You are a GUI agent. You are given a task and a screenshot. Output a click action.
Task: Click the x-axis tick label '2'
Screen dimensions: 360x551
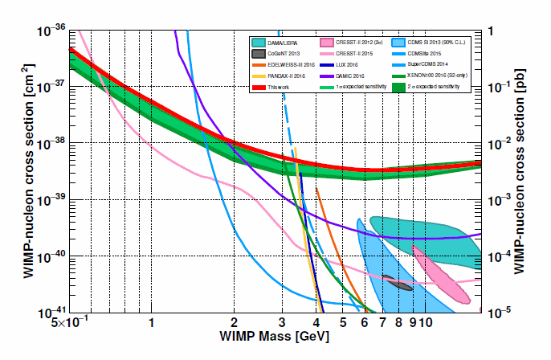(x=233, y=323)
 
